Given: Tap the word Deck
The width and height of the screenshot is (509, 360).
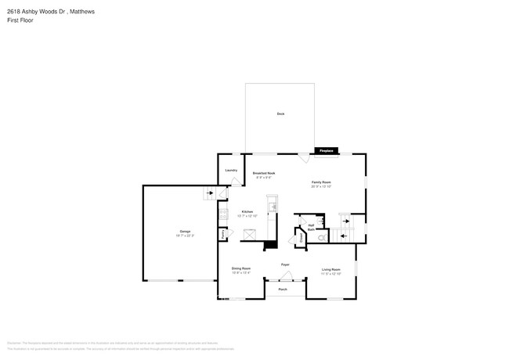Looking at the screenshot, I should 280,114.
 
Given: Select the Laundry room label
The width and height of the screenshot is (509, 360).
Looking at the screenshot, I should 231,170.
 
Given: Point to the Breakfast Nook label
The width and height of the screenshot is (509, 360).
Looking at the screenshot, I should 263,174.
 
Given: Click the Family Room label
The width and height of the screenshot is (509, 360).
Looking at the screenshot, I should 322,183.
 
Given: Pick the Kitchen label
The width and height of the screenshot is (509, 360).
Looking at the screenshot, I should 247,212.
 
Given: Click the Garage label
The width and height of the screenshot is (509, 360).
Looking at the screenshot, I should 185,232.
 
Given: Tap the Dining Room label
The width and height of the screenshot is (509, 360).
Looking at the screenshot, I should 241,269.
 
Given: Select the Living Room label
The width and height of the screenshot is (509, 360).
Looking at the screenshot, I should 331,270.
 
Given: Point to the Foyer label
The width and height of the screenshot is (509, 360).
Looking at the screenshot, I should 286,265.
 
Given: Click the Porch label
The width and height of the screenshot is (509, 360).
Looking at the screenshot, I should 283,290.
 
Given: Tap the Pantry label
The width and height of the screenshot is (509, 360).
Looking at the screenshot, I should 223,233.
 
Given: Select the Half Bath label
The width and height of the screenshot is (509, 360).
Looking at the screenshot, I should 311,226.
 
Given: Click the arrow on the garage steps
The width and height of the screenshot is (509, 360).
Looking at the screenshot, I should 209,193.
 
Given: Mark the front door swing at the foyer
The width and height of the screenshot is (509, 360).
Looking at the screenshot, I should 285,275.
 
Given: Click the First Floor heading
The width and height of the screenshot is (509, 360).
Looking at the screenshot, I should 17,19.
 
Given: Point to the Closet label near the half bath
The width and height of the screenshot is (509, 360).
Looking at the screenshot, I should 300,236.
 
